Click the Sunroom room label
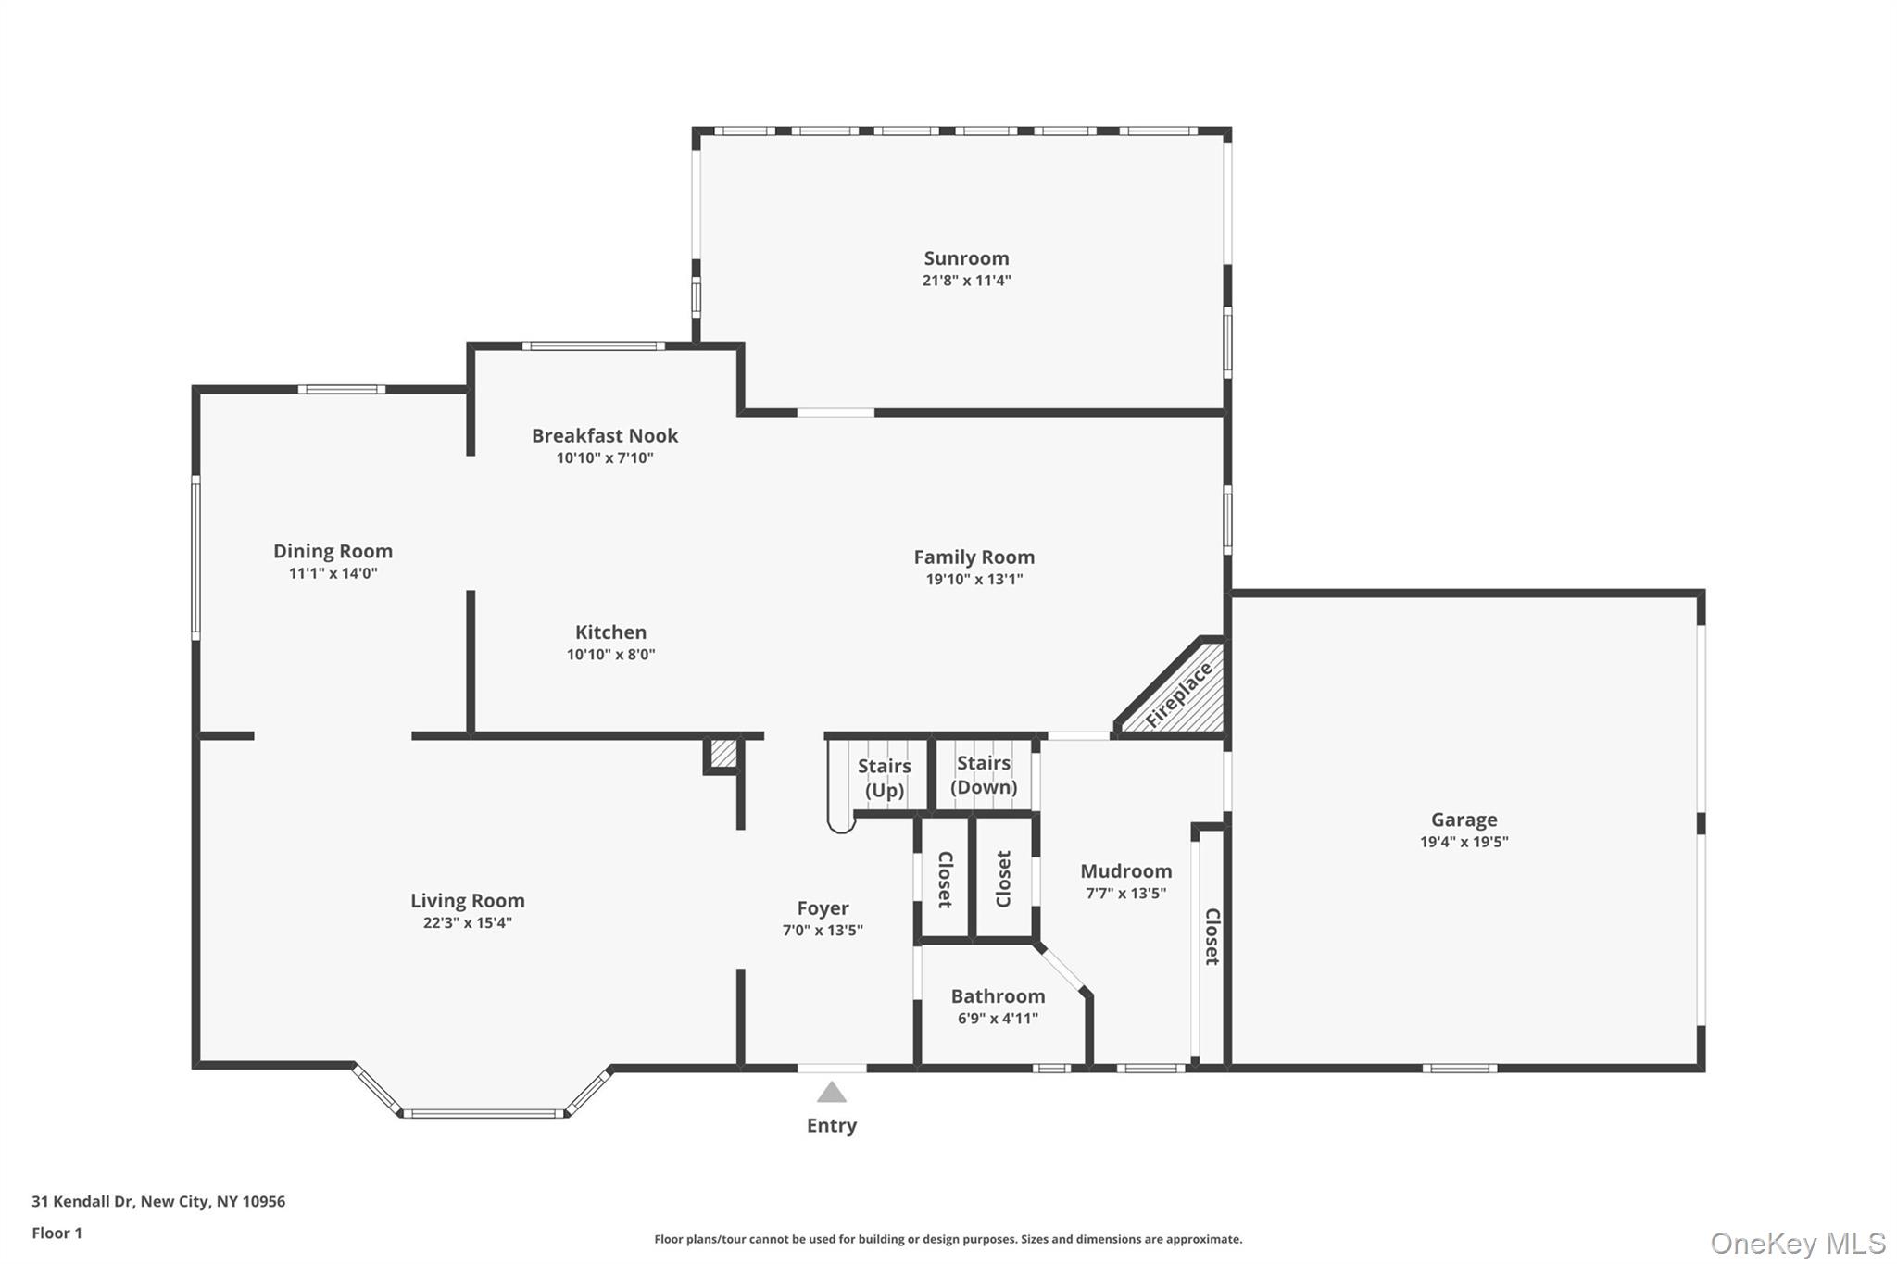pyautogui.click(x=966, y=258)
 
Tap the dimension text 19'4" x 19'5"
pyautogui.click(x=1464, y=842)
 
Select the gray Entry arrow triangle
pyautogui.click(x=832, y=1093)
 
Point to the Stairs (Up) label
pyautogui.click(x=884, y=778)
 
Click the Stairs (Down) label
pyautogui.click(x=984, y=775)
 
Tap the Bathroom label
pyautogui.click(x=998, y=996)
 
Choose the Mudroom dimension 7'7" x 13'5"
pyautogui.click(x=1125, y=894)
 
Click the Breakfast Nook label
pyautogui.click(x=605, y=435)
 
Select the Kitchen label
pyautogui.click(x=610, y=632)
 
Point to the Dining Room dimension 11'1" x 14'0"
pyautogui.click(x=333, y=573)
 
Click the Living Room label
pyautogui.click(x=468, y=900)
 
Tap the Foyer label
pyautogui.click(x=823, y=908)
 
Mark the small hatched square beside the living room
pyautogui.click(x=723, y=754)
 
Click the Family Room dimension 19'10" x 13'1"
pyautogui.click(x=974, y=580)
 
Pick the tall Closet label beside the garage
pyautogui.click(x=1212, y=936)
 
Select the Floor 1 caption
pyautogui.click(x=57, y=1233)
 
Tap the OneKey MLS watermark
pyautogui.click(x=1797, y=1243)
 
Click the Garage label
pyautogui.click(x=1464, y=820)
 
